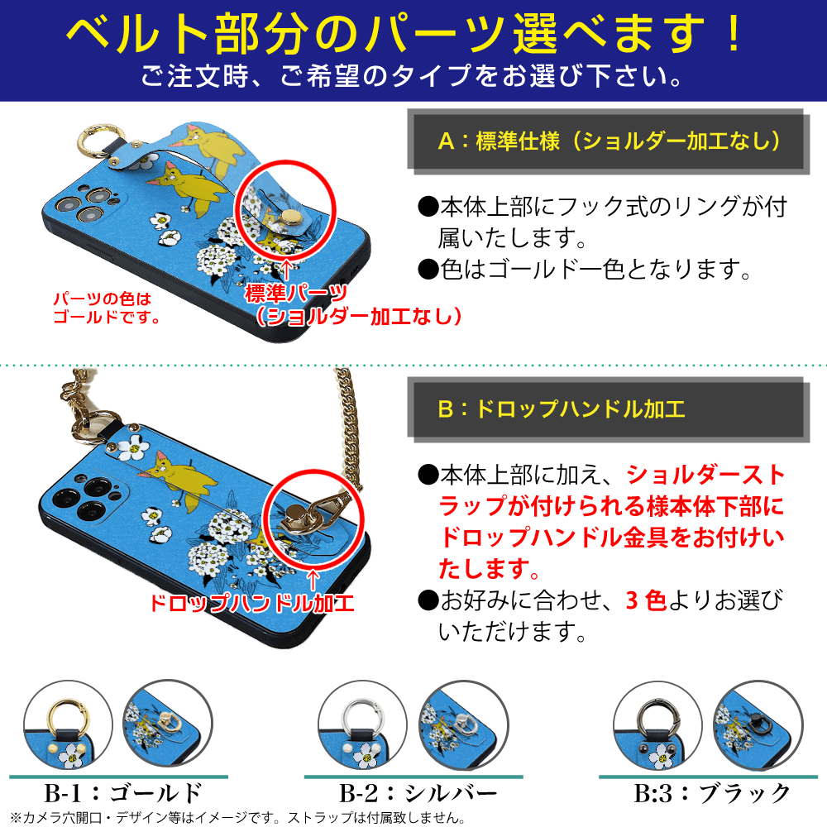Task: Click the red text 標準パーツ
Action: point(296,294)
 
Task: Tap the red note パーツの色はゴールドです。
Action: point(106,308)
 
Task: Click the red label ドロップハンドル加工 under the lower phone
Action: point(251,604)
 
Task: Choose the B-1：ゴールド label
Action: point(123,793)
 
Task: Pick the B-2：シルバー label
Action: point(418,793)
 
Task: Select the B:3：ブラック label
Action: point(712,793)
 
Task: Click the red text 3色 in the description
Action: point(646,600)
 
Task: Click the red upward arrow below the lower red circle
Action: point(313,580)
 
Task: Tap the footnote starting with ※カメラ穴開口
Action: point(237,818)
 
